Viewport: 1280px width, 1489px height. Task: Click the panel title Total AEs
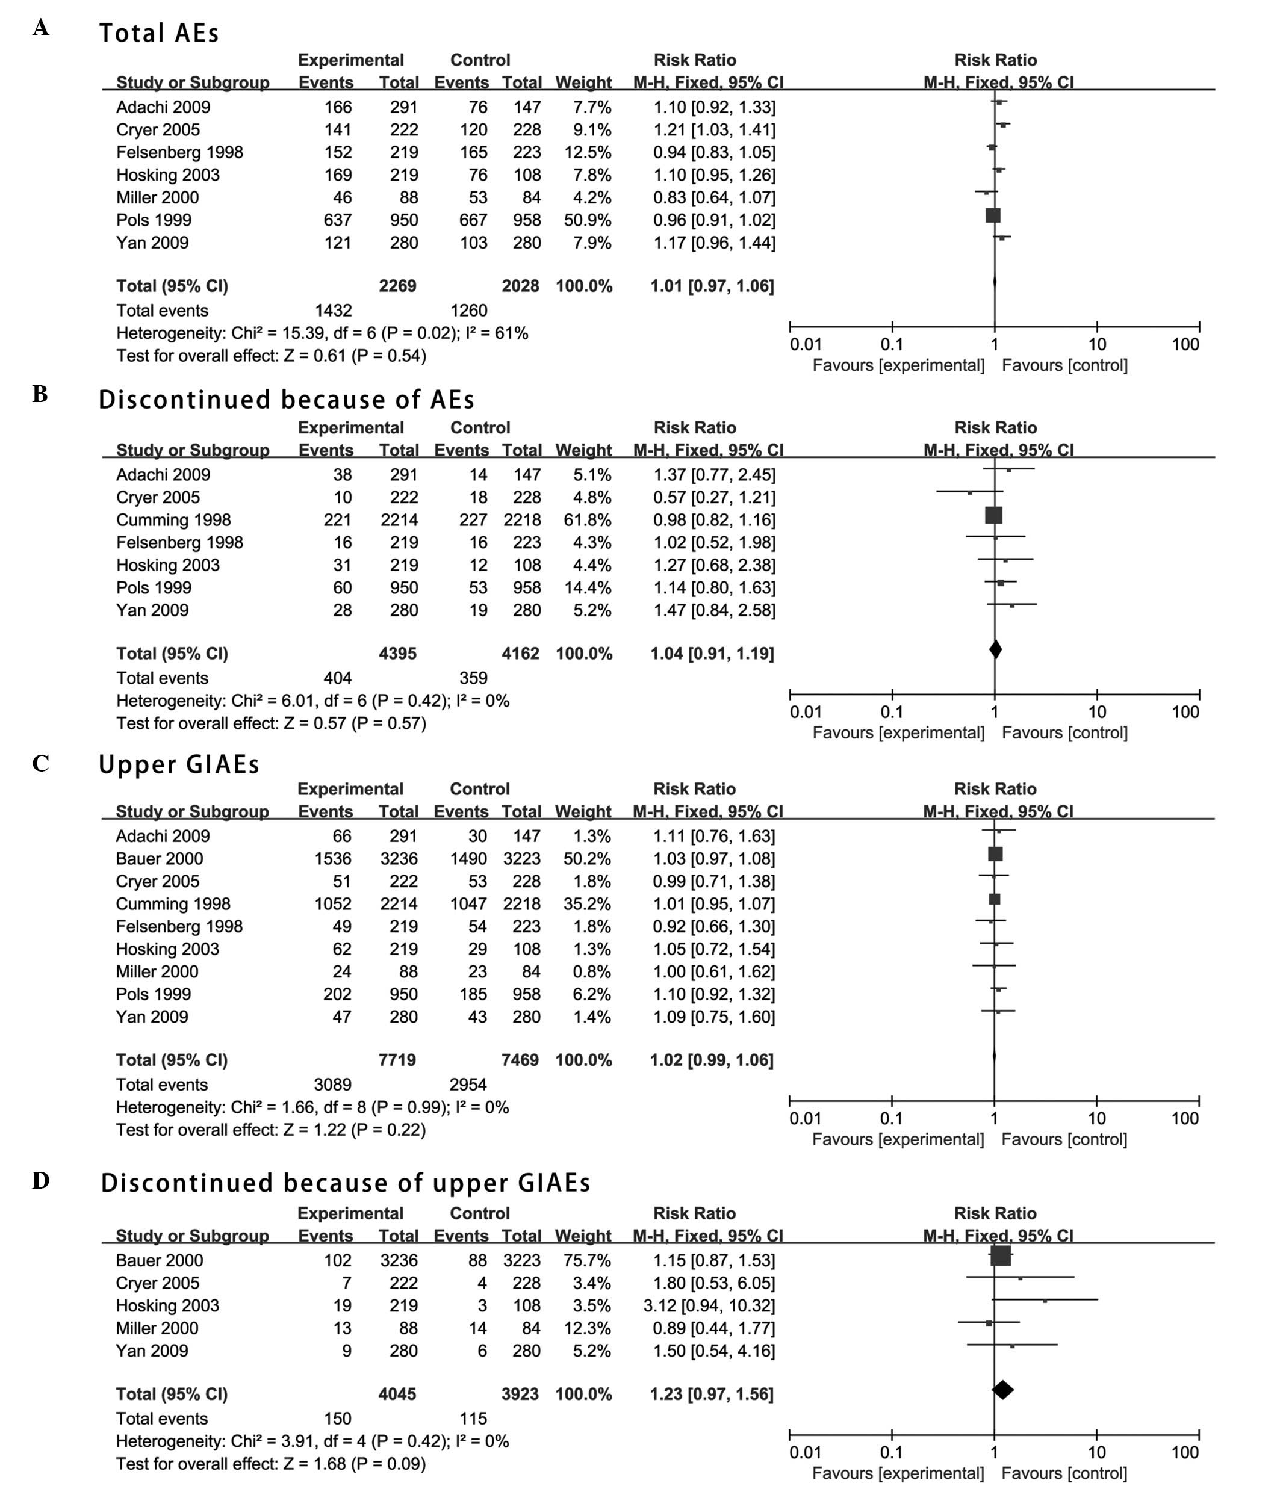[159, 33]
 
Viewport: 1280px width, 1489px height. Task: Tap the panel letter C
[40, 763]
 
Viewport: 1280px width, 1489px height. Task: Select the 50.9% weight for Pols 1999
[587, 220]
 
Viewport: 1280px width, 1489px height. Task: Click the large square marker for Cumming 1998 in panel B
[993, 515]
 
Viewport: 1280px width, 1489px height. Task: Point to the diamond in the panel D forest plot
[1002, 1390]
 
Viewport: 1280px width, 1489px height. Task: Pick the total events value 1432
[333, 311]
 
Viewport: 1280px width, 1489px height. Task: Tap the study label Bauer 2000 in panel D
[159, 1260]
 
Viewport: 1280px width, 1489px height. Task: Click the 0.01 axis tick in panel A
[805, 344]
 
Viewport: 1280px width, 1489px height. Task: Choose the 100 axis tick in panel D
[1184, 1452]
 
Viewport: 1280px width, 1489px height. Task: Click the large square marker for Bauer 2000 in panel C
[995, 853]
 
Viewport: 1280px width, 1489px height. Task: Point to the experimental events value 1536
[333, 859]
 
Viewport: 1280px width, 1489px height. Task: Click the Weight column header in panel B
[583, 451]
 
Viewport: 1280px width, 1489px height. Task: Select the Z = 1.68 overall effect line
[271, 1464]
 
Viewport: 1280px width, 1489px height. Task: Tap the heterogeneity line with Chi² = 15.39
[322, 333]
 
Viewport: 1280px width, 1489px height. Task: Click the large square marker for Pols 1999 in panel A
[993, 215]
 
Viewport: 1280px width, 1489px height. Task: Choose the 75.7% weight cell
[587, 1260]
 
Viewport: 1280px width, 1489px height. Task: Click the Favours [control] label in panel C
[1064, 1139]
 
